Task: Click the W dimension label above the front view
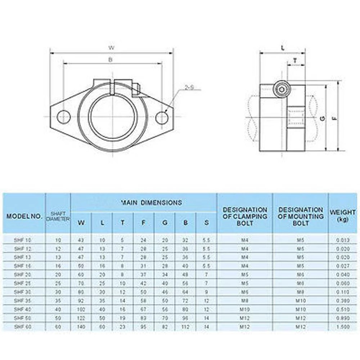pyautogui.click(x=111, y=48)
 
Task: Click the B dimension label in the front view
pyautogui.click(x=111, y=60)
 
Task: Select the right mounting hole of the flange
pyautogui.click(x=162, y=117)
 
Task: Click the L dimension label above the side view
pyautogui.click(x=283, y=48)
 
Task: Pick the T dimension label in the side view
pyautogui.click(x=295, y=60)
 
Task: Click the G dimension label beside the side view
pyautogui.click(x=323, y=118)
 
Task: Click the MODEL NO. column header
pyautogui.click(x=24, y=216)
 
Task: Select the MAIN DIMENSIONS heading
pyautogui.click(x=152, y=203)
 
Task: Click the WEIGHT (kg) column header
pyautogui.click(x=342, y=216)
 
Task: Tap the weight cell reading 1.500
pyautogui.click(x=342, y=327)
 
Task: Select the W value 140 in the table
pyautogui.click(x=81, y=327)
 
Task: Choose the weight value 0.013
pyautogui.click(x=342, y=240)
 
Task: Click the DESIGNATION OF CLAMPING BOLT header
pyautogui.click(x=245, y=216)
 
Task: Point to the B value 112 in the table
pyautogui.click(x=185, y=327)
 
